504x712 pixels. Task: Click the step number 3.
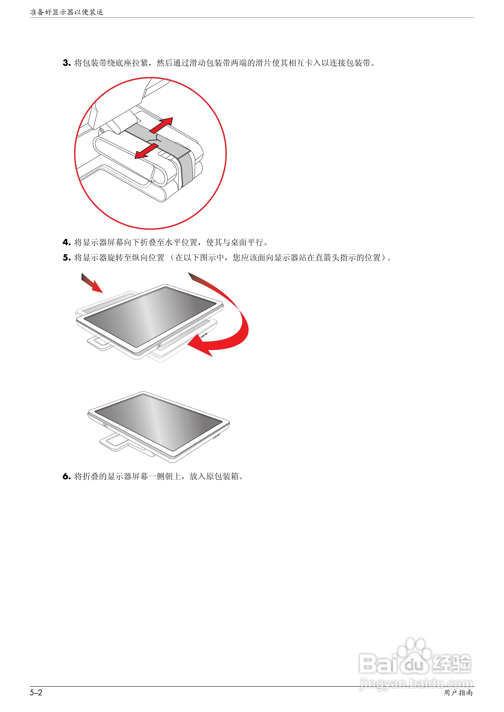pyautogui.click(x=66, y=63)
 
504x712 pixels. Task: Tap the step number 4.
pyautogui.click(x=66, y=242)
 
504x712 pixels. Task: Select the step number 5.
pyautogui.click(x=66, y=258)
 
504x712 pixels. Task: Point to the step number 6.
pyautogui.click(x=66, y=476)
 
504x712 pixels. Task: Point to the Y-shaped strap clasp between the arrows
pyautogui.click(x=155, y=139)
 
